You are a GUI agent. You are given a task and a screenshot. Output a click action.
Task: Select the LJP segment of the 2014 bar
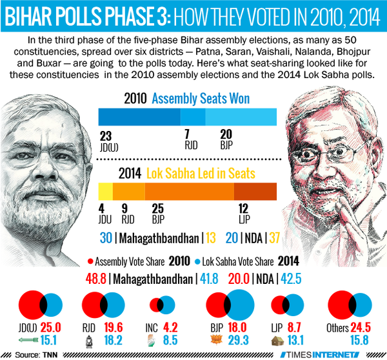[x=255, y=192]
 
